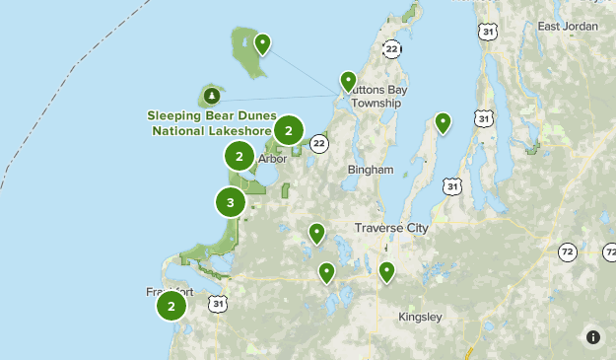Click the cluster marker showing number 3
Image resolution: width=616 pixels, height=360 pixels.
click(x=230, y=203)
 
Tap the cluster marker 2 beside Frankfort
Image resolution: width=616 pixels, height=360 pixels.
click(x=171, y=306)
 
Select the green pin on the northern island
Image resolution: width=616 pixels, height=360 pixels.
click(x=262, y=43)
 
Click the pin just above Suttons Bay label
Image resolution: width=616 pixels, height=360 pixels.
click(x=348, y=81)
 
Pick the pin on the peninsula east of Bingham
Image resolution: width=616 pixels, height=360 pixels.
click(x=444, y=123)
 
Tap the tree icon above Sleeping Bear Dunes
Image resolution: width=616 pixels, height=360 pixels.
click(x=211, y=97)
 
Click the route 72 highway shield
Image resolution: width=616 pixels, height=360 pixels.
click(x=567, y=252)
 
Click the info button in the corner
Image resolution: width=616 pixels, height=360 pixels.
click(x=592, y=336)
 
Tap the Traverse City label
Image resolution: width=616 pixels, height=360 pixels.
click(x=391, y=228)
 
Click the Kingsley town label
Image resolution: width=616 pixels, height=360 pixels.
click(x=420, y=317)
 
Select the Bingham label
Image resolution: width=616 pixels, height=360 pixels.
click(x=371, y=170)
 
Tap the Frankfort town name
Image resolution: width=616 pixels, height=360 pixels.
click(x=152, y=292)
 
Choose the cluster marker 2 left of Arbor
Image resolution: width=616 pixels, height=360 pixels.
click(x=240, y=156)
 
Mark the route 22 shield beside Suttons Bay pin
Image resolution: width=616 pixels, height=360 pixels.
click(x=392, y=49)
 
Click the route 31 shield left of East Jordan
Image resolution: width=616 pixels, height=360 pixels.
click(x=488, y=33)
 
